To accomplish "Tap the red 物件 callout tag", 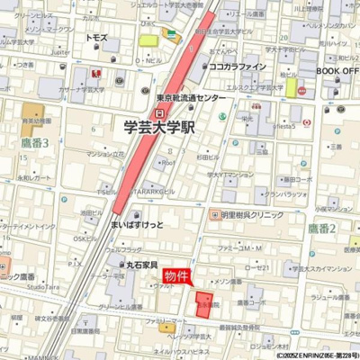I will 176,275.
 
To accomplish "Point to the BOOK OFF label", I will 337,70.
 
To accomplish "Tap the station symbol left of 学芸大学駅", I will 160,112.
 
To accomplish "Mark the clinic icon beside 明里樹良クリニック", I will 213,214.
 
